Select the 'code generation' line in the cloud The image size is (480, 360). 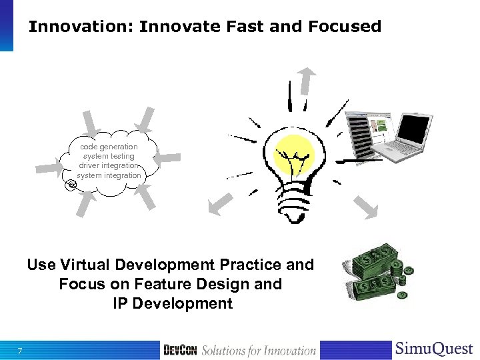[109, 147]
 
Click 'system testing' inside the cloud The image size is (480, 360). [109, 156]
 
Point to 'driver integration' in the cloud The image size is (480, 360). [109, 165]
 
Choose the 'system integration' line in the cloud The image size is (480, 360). [109, 175]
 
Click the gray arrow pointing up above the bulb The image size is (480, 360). [307, 80]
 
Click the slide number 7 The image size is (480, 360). [21, 351]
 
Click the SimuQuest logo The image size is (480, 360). [434, 349]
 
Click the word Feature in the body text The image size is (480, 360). [173, 284]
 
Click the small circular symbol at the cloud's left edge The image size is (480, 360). [72, 185]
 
